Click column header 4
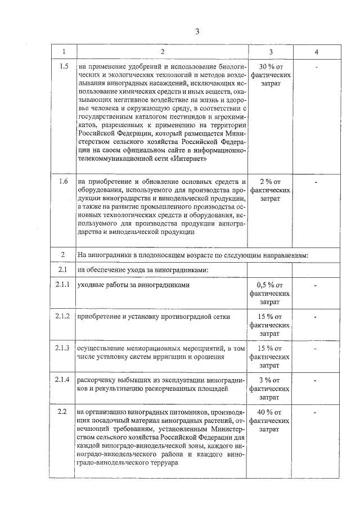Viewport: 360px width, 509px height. (x=317, y=52)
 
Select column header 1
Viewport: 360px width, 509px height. (x=64, y=52)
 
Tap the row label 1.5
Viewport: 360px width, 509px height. (x=64, y=66)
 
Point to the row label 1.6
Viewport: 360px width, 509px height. (x=64, y=181)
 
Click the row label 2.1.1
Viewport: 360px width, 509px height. (x=64, y=285)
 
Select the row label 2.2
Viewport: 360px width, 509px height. (x=64, y=412)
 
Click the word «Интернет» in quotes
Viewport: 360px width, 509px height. (x=192, y=159)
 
